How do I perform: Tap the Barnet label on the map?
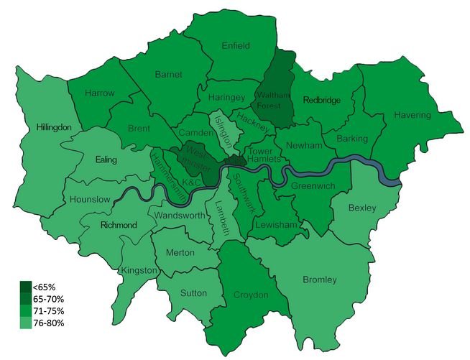(168, 74)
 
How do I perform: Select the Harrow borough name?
(99, 93)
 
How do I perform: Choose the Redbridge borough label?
(321, 100)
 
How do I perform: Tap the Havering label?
(412, 115)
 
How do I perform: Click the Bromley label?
(320, 280)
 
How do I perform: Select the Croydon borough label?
(251, 295)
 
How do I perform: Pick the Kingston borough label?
(140, 270)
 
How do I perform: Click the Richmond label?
(119, 225)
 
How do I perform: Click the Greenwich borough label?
(313, 186)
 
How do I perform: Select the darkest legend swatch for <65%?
(25, 286)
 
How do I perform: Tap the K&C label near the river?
(191, 184)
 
